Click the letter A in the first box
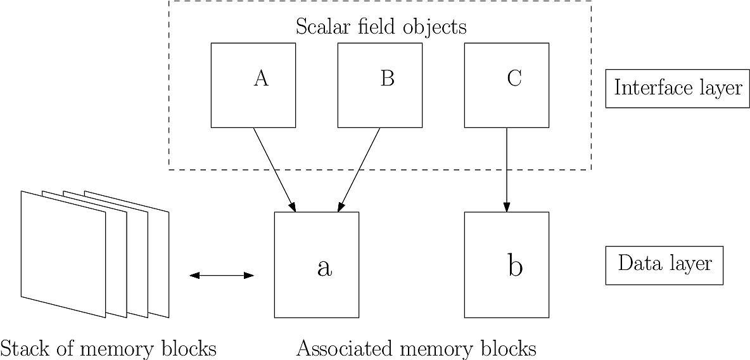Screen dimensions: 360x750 pyautogui.click(x=261, y=79)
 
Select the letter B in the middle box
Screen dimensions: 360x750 pyautogui.click(x=388, y=79)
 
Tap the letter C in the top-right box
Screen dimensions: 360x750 pyautogui.click(x=514, y=79)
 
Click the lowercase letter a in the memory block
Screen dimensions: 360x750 pyautogui.click(x=324, y=268)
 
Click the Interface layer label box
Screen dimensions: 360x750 pyautogui.click(x=677, y=88)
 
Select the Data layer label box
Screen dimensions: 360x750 pyautogui.click(x=664, y=263)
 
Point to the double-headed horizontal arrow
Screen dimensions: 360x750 pyautogui.click(x=222, y=275)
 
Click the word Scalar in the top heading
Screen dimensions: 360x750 pyautogui.click(x=321, y=27)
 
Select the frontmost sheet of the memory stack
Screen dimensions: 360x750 pyautogui.click(x=63, y=254)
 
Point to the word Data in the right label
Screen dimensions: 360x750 pyautogui.click(x=635, y=263)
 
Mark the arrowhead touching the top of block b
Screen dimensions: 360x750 pyautogui.click(x=506, y=207)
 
